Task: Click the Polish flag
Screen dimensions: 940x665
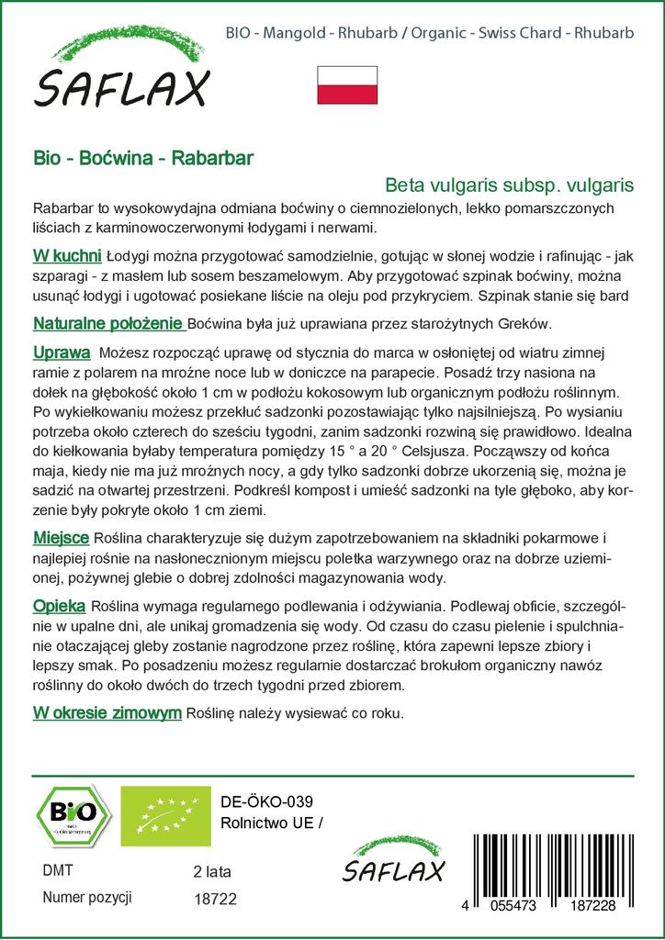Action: pyautogui.click(x=347, y=85)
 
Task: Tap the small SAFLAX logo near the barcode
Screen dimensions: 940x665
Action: pyautogui.click(x=392, y=862)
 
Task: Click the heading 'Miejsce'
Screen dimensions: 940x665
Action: pyautogui.click(x=61, y=537)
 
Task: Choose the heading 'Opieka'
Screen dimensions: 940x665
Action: pyautogui.click(x=59, y=606)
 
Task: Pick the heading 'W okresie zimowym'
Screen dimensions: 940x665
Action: pyautogui.click(x=107, y=712)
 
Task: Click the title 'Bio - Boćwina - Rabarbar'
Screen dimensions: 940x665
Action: pyautogui.click(x=144, y=157)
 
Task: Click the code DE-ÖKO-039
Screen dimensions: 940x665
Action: pyautogui.click(x=261, y=800)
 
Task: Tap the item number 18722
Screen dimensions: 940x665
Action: pyautogui.click(x=216, y=901)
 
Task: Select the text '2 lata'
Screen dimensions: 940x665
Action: pyautogui.click(x=211, y=871)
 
